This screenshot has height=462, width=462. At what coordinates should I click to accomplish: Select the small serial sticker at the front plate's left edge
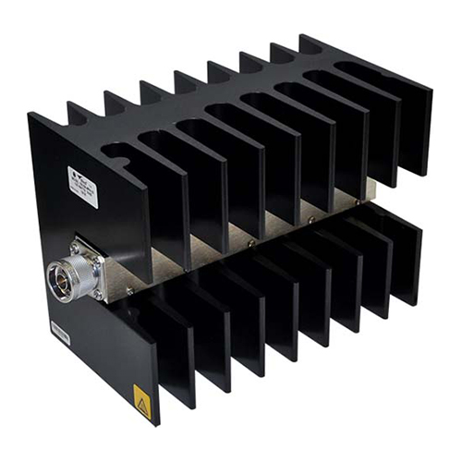[x=60, y=332]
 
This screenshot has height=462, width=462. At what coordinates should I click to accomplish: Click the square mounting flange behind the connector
[x=92, y=263]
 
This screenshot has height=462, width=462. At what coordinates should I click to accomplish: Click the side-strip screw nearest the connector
[x=128, y=289]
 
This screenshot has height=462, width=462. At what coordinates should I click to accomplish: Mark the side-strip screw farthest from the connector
[x=359, y=197]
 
